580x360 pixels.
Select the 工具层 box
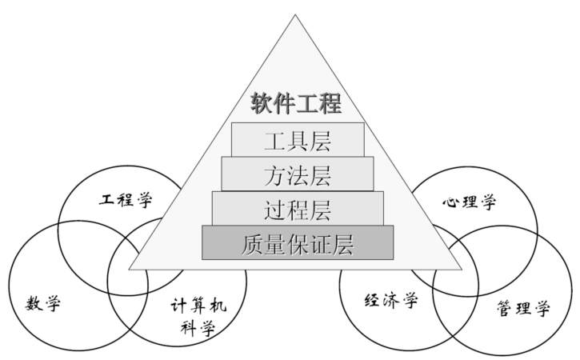pyautogui.click(x=298, y=140)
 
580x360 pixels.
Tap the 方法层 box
pyautogui.click(x=298, y=174)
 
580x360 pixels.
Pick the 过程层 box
pyautogui.click(x=298, y=209)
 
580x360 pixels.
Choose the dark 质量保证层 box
pyautogui.click(x=298, y=243)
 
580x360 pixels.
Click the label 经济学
pyautogui.click(x=391, y=300)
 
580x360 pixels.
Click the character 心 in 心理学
pyautogui.click(x=450, y=201)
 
